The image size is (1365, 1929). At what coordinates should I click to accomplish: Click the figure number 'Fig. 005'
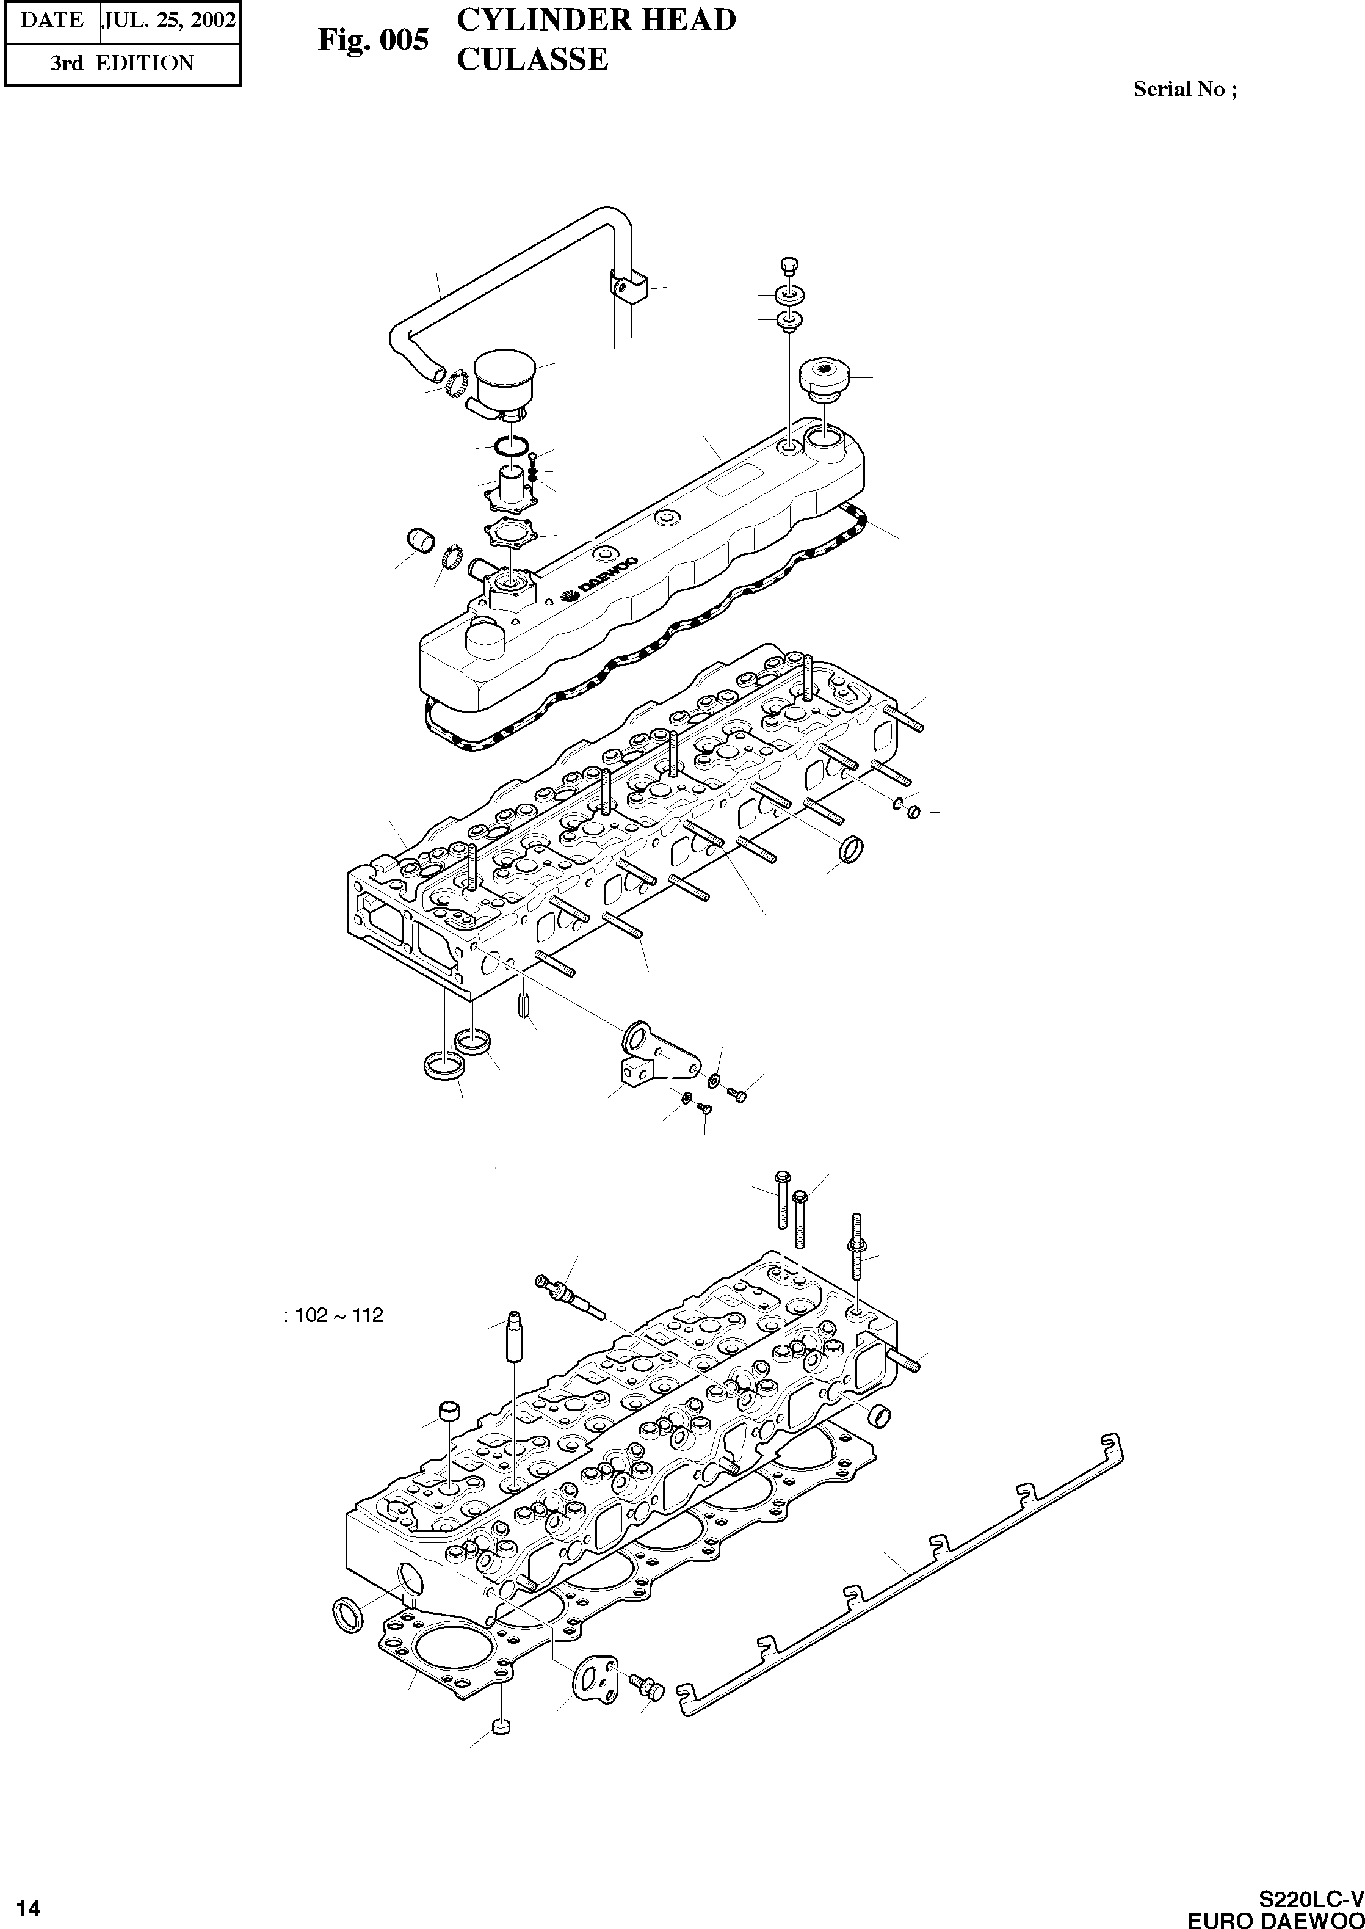(372, 40)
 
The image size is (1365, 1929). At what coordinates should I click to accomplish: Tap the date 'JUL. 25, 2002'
(169, 20)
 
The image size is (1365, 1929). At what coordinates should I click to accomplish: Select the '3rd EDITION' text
(122, 63)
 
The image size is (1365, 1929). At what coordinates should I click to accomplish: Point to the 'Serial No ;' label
(1184, 89)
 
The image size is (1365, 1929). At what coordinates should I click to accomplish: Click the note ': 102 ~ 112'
(334, 1315)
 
